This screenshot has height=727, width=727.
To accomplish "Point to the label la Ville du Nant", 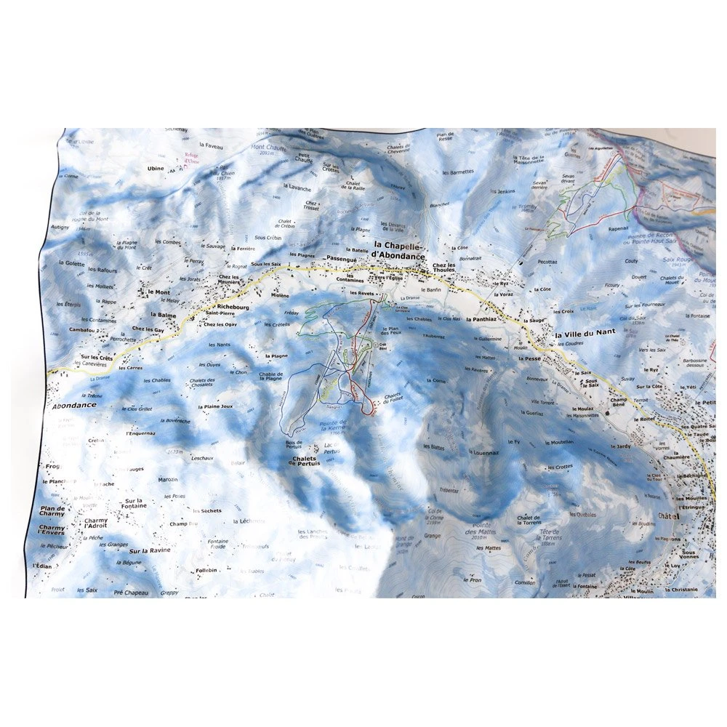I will [585, 332].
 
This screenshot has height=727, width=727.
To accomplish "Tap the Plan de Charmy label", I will [52, 513].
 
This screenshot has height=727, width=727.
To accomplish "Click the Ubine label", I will [156, 169].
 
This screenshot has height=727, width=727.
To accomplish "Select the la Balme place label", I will [163, 315].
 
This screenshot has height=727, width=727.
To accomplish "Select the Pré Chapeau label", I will [130, 593].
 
